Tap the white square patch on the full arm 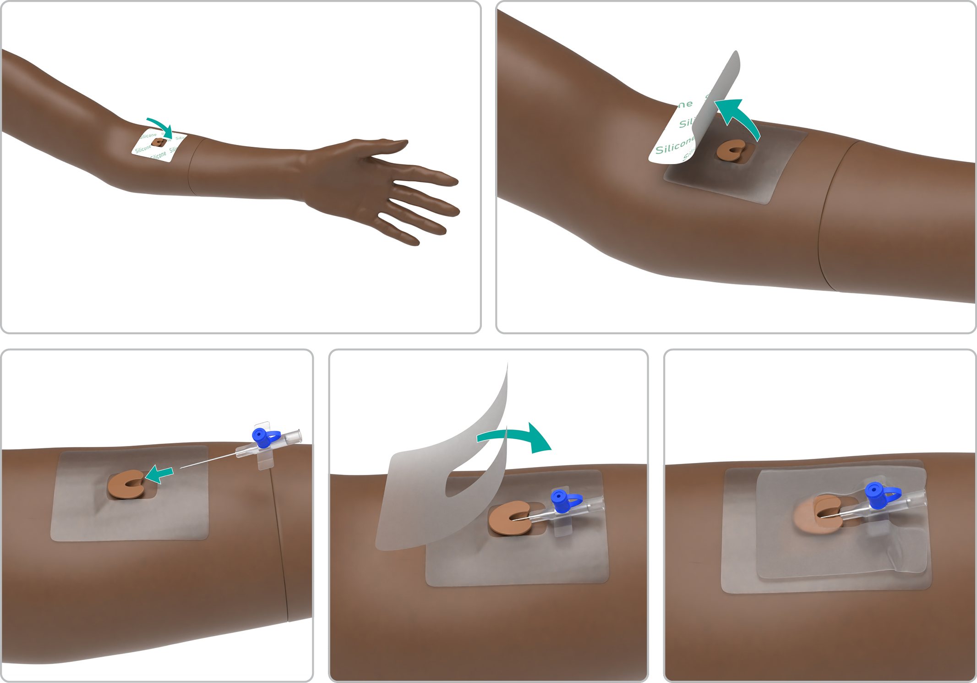[158, 147]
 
